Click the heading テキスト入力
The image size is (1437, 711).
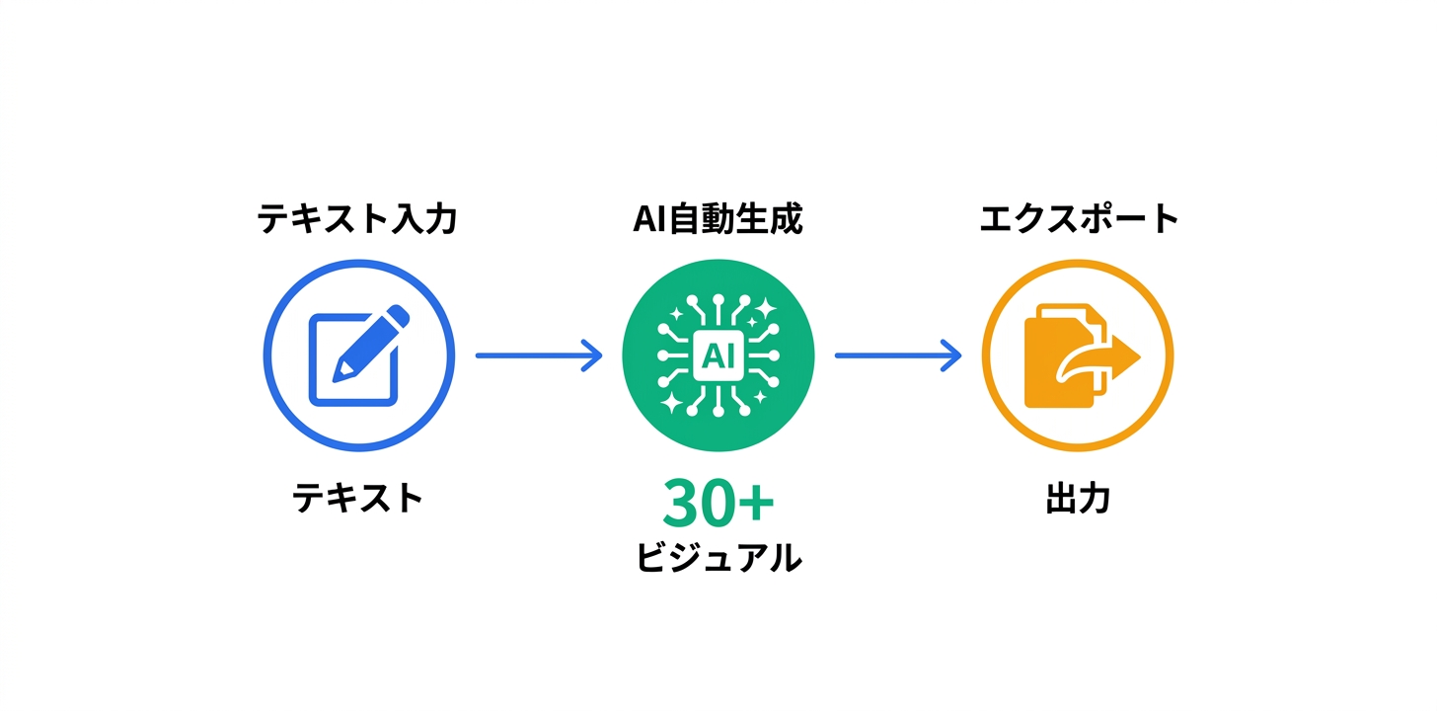357,219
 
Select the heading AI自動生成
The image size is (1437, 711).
718,219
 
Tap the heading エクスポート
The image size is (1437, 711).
1079,219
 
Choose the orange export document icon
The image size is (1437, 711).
1076,357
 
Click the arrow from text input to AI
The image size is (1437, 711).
538,355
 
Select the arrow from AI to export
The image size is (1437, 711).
897,355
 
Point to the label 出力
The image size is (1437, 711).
1078,500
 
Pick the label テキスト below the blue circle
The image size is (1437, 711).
357,498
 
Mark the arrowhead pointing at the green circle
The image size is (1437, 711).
592,355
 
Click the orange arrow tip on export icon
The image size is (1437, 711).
1131,357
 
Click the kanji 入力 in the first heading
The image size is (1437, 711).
430,219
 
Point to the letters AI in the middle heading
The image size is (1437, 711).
649,219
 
